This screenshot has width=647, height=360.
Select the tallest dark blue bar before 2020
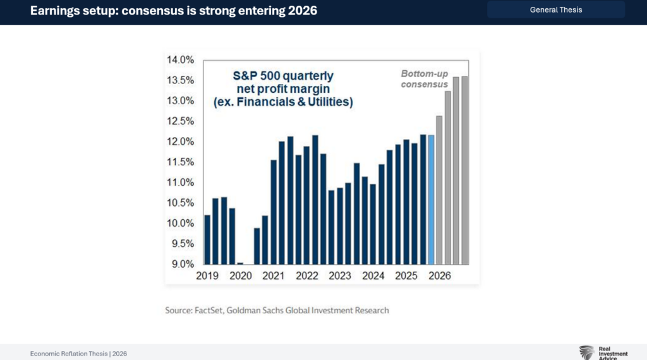[x=224, y=231]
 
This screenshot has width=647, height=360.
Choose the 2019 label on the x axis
[x=207, y=276]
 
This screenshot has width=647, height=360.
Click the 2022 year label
[x=306, y=276]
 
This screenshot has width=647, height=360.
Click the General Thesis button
[x=556, y=9]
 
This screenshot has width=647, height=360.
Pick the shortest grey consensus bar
[x=439, y=190]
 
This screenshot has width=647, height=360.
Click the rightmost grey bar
[x=464, y=170]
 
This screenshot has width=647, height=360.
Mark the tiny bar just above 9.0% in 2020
[x=240, y=263]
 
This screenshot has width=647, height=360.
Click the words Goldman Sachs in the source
[x=268, y=310]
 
